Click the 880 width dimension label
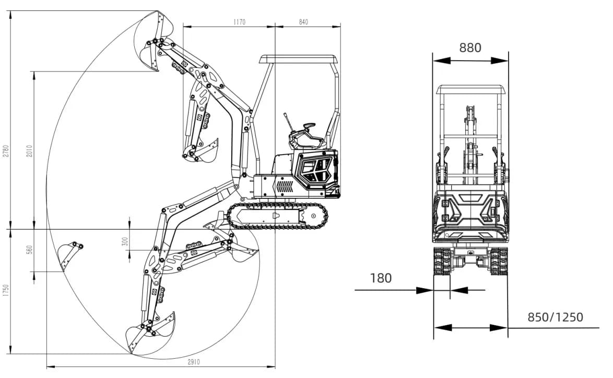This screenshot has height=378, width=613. (470, 48)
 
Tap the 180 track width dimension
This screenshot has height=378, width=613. (381, 278)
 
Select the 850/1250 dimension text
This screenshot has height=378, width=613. (555, 316)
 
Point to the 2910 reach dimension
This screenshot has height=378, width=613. (194, 362)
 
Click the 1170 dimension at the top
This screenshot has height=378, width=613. (239, 22)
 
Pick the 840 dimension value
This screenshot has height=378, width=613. (303, 22)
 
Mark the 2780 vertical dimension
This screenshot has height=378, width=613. (5, 151)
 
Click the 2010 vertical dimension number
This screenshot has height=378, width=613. (29, 151)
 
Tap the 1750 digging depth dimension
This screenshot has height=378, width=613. (5, 290)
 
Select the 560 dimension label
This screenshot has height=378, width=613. (29, 250)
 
